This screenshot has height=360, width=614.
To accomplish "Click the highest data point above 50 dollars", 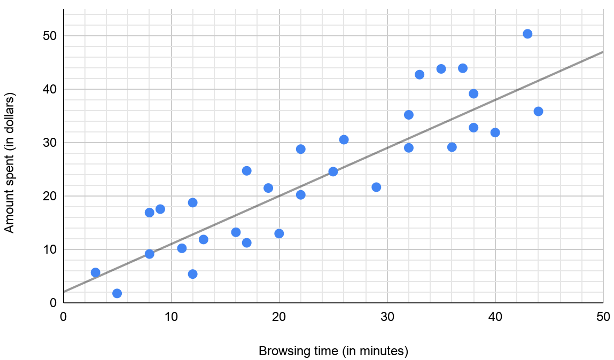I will [x=527, y=34].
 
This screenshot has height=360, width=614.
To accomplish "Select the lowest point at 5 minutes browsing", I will [x=117, y=293].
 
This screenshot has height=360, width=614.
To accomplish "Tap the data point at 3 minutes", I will [x=96, y=272].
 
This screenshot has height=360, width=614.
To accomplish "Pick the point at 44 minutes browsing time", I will [x=538, y=111].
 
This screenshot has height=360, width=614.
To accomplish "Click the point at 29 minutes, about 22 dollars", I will [x=376, y=187].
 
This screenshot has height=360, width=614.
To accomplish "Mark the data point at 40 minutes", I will [x=495, y=132].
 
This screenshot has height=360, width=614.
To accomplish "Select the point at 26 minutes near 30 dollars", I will [x=344, y=139].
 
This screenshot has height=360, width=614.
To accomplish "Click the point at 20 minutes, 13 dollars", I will [x=279, y=233].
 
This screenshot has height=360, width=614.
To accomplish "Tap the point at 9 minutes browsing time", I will [x=160, y=209].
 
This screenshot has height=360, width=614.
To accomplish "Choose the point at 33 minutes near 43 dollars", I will [x=419, y=74].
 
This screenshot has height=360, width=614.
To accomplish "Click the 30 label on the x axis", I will [x=387, y=316].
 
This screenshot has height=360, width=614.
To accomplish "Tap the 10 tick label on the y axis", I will [x=50, y=249].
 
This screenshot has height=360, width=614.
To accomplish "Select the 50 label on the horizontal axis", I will [x=603, y=316].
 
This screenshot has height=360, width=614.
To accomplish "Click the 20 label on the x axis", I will [x=279, y=316].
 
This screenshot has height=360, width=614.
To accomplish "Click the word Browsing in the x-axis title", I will [x=280, y=351].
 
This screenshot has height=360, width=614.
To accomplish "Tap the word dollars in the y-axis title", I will [x=9, y=112].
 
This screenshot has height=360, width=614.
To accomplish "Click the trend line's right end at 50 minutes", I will [x=602, y=52].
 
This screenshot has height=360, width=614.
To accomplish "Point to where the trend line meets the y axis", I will [x=64, y=292].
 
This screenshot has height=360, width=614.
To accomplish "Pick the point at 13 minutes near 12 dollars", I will [x=204, y=239].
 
